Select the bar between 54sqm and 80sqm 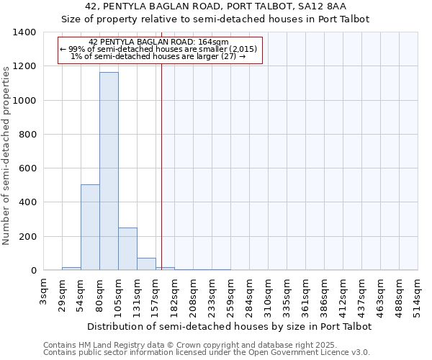point(90,228)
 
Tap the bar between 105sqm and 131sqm point(127,249)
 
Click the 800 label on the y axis point(28,135)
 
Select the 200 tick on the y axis point(28,237)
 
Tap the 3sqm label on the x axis point(44,291)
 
